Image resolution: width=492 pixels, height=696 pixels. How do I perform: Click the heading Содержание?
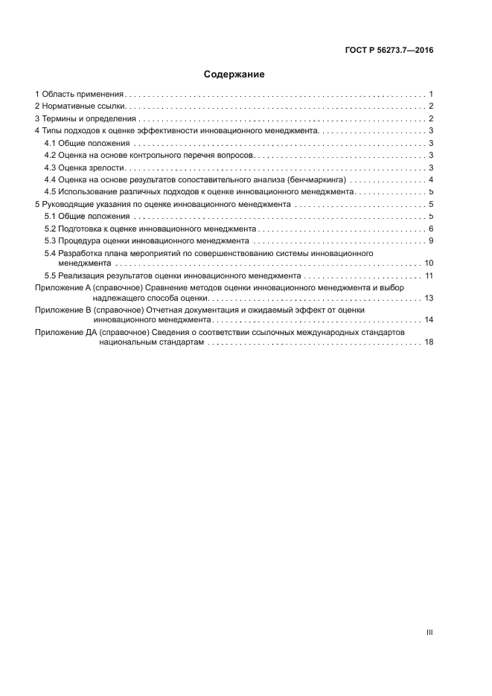234,74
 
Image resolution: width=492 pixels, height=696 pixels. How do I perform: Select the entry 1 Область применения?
79,95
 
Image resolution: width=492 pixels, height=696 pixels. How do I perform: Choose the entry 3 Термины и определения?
85,118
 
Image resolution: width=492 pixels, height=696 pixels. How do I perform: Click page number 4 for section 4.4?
431,179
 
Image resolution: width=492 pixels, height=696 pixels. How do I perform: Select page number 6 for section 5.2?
431,228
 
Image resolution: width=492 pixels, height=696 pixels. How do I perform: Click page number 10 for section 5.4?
429,263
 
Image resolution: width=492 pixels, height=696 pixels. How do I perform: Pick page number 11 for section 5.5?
429,275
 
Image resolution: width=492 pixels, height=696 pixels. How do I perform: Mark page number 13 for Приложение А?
429,298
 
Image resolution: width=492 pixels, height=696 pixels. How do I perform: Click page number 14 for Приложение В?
429,319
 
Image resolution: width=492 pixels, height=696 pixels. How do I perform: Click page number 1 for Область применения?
431,95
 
